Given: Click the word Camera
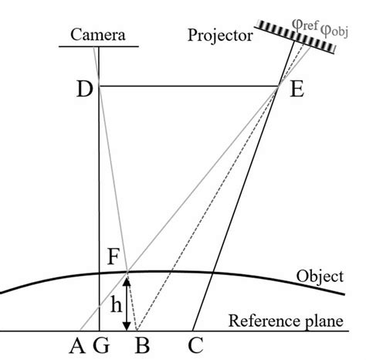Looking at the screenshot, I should click(x=99, y=35).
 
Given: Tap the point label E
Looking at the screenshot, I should click(x=296, y=90).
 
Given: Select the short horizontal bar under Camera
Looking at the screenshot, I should click(x=98, y=46).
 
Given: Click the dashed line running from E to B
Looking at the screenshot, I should click(x=208, y=209).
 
